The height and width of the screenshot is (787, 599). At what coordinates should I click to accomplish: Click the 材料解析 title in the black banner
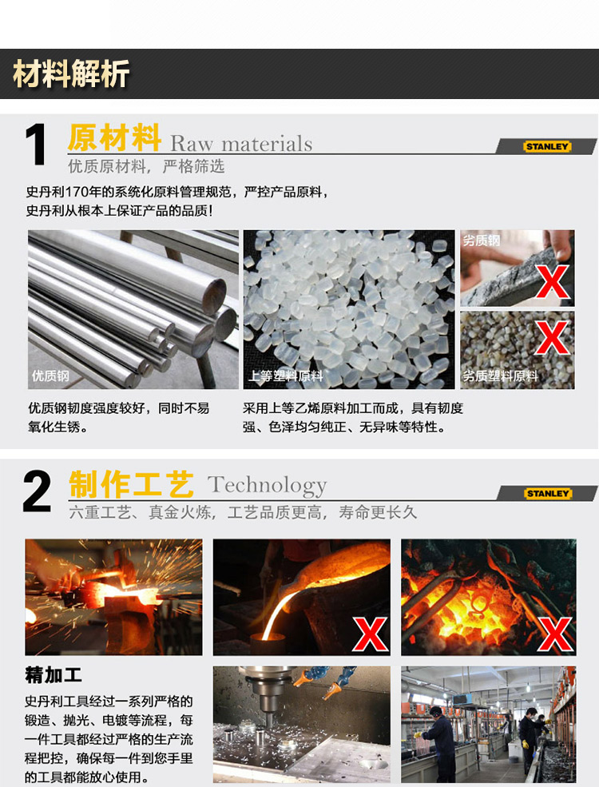point(71,74)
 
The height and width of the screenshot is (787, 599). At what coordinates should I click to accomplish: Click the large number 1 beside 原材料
point(37,145)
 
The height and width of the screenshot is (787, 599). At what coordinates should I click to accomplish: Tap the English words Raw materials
point(241,144)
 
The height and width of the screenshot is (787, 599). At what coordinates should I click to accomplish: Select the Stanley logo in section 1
point(547,146)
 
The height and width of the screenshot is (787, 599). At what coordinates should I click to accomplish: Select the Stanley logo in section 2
point(548,494)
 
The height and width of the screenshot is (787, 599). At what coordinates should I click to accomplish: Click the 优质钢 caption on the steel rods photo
point(50,376)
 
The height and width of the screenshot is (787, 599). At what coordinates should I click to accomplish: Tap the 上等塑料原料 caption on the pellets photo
point(286,376)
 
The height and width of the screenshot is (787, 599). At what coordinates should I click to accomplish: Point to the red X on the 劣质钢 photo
point(553,281)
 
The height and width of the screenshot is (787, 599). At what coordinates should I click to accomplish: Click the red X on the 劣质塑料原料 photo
point(552,337)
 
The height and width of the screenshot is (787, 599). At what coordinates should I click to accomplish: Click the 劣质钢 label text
point(481,240)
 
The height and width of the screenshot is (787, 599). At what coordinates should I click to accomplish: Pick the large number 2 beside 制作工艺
point(37,491)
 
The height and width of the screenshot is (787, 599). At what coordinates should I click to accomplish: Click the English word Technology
point(267,485)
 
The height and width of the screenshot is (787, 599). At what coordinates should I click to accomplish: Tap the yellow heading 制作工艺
point(131,484)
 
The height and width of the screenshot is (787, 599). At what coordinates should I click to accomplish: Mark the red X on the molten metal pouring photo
point(371,634)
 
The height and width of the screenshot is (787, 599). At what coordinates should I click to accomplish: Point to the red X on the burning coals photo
point(555,634)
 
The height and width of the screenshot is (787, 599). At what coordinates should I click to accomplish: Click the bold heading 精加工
point(54,675)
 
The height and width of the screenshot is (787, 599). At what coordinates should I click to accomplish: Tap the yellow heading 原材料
point(114,137)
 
